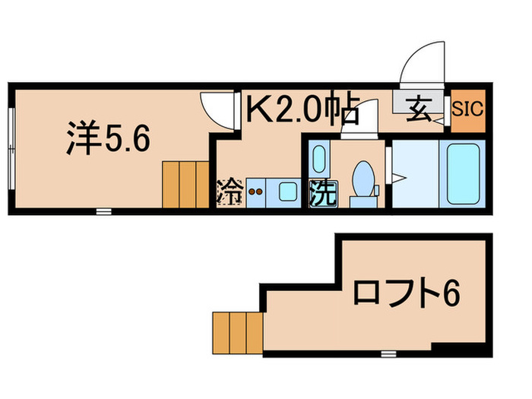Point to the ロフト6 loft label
pyautogui.click(x=407, y=293)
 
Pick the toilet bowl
pyautogui.click(x=363, y=179)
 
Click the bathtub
pyautogui.click(x=463, y=173)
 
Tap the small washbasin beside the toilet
pyautogui.click(x=318, y=159)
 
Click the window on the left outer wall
pyautogui.click(x=11, y=149)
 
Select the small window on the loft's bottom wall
pyautogui.click(x=388, y=352)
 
